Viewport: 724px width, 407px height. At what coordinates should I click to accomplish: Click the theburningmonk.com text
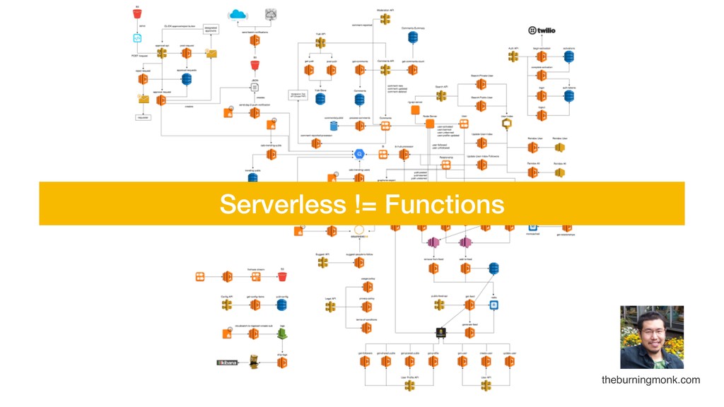tap(650, 380)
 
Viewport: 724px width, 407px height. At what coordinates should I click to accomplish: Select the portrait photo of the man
tap(651, 337)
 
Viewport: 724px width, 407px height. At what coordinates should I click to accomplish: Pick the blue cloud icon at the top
tap(238, 14)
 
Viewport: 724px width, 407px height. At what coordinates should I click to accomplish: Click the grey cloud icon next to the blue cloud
tap(271, 14)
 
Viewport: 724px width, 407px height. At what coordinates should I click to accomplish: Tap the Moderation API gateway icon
tap(385, 19)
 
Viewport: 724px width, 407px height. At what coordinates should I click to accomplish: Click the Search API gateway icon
tap(441, 95)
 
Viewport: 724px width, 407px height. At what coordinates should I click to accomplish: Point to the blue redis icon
tap(494, 305)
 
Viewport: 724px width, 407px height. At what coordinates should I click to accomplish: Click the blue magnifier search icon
tap(358, 153)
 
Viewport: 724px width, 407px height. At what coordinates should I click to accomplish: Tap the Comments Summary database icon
tap(413, 37)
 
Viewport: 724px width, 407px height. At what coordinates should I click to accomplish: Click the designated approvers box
tap(211, 29)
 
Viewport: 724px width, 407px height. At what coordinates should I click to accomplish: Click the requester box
tap(144, 117)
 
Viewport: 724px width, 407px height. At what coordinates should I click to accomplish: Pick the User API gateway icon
tap(486, 385)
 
